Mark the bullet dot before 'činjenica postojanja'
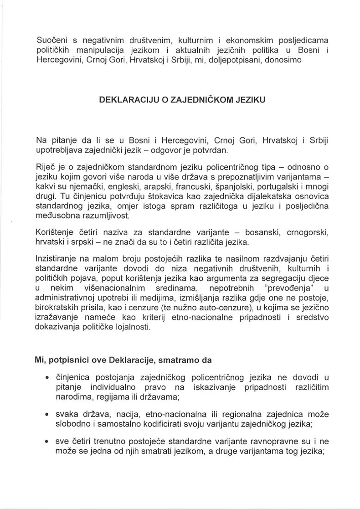[x=47, y=378]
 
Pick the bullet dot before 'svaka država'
[x=47, y=415]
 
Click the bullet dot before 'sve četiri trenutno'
[x=47, y=442]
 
